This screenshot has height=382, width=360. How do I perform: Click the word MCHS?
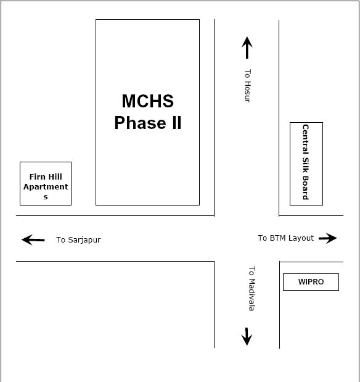point(148,101)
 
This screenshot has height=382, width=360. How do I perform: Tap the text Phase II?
point(148,123)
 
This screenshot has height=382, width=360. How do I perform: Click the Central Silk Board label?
point(306,162)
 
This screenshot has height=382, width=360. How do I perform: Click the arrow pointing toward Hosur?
point(247,48)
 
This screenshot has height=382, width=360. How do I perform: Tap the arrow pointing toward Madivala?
point(247,336)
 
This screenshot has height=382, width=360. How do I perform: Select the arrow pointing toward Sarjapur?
point(33,239)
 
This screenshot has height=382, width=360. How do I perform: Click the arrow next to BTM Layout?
point(328,238)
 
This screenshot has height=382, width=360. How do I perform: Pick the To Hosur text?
point(247,86)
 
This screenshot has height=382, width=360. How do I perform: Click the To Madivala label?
point(252,288)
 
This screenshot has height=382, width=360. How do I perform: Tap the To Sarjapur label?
point(78,240)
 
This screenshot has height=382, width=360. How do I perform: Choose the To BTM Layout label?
point(286,238)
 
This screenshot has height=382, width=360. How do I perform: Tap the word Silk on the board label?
point(306,165)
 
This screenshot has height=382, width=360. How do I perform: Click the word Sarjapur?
point(84,240)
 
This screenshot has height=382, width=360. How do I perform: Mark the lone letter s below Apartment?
point(46,197)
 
